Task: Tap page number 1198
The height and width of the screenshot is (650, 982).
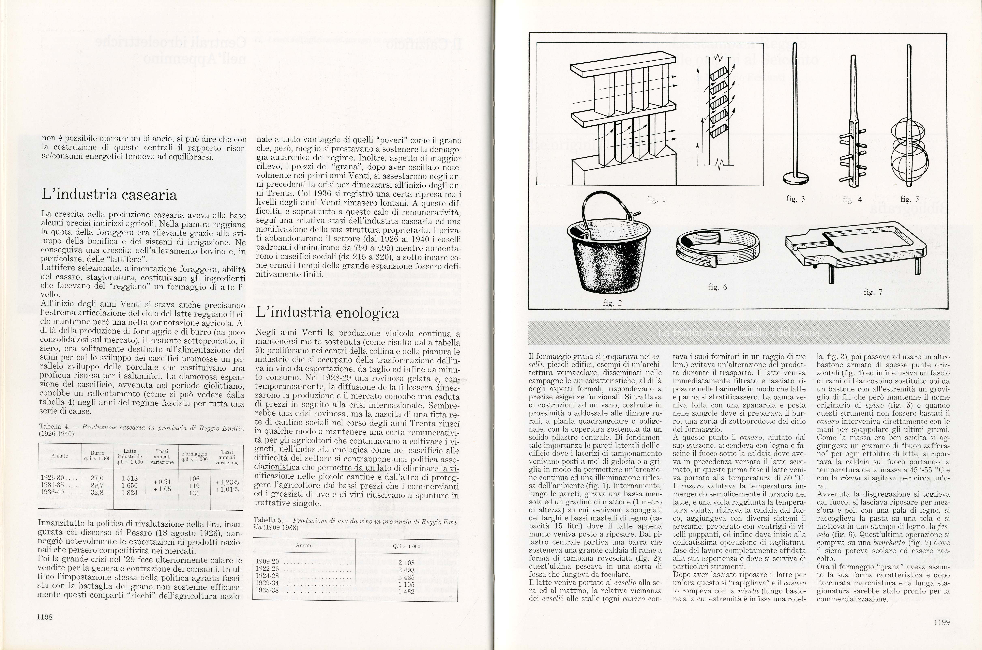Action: (44, 617)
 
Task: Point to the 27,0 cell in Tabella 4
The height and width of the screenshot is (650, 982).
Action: (97, 478)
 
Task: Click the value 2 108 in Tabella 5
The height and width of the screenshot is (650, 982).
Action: (406, 562)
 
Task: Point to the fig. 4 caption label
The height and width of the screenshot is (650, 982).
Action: (852, 199)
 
